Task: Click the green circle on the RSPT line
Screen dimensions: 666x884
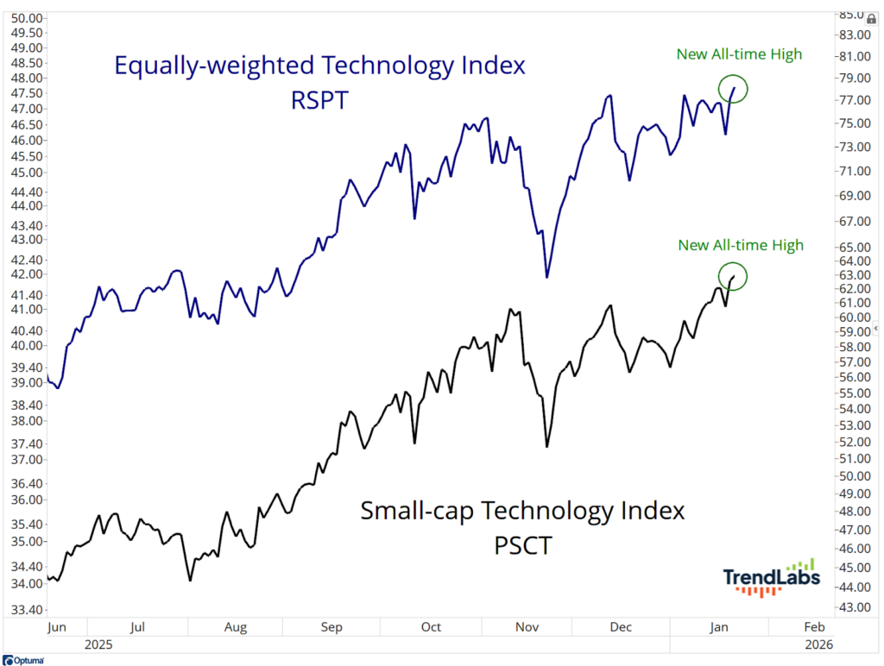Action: point(733,88)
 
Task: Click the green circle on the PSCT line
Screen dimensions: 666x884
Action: point(733,276)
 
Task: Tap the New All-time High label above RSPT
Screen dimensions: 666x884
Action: point(740,54)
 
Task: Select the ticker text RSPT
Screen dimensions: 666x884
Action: point(319,100)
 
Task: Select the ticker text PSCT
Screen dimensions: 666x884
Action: point(522,546)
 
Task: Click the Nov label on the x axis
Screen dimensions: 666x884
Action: point(524,627)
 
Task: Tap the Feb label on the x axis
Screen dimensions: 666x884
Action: point(813,627)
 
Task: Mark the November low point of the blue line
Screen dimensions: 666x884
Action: point(546,276)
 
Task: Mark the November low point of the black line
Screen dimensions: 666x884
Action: point(546,446)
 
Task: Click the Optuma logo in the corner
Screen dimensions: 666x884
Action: point(23,660)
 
